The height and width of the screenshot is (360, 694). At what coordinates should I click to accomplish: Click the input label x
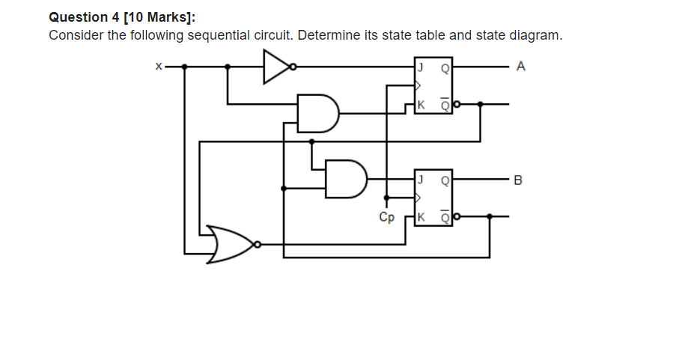[158, 67]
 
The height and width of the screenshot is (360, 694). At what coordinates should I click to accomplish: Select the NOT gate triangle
[276, 67]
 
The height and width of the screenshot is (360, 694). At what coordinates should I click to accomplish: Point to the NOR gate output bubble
[257, 244]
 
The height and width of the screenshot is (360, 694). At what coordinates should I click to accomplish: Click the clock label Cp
[386, 218]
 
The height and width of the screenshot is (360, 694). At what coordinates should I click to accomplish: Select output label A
[521, 67]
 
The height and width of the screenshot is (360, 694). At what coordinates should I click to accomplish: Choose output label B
[521, 180]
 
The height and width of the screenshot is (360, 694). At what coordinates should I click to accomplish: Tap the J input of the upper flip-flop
[421, 67]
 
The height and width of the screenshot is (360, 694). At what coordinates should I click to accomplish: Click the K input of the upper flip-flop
[421, 105]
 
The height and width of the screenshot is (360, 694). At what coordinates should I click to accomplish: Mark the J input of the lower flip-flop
[421, 180]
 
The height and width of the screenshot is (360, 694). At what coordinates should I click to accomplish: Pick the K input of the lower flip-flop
[421, 218]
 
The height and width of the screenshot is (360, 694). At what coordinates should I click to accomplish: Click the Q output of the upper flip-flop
[445, 67]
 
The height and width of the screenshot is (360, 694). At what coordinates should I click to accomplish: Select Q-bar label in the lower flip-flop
[445, 218]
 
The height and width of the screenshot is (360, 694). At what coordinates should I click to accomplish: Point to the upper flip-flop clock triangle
[418, 85]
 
